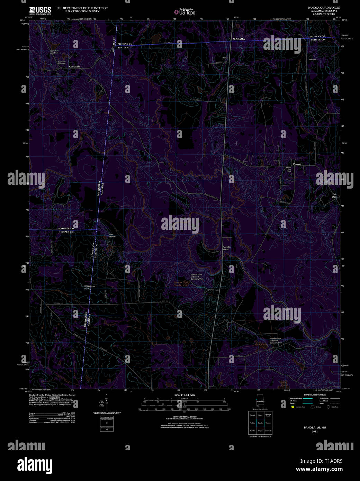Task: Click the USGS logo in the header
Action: click(x=40, y=10)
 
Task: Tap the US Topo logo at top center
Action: click(x=184, y=12)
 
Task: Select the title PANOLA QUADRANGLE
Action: click(x=324, y=8)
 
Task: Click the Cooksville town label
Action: click(x=74, y=66)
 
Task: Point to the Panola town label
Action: click(x=297, y=164)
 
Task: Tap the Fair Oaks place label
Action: click(x=334, y=196)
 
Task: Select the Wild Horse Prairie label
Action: click(x=90, y=288)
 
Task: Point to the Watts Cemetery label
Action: click(x=112, y=236)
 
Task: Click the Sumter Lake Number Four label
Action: click(x=181, y=284)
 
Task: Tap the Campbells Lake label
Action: click(x=261, y=346)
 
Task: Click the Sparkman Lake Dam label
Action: click(x=54, y=52)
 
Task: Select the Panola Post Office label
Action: click(x=289, y=169)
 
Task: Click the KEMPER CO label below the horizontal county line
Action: click(x=66, y=232)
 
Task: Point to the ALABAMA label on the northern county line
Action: click(x=238, y=39)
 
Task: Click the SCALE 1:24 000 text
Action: click(x=184, y=395)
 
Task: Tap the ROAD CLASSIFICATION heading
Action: click(x=315, y=395)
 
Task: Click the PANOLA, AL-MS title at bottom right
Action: click(x=315, y=427)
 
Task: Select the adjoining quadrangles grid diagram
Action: click(x=260, y=423)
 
